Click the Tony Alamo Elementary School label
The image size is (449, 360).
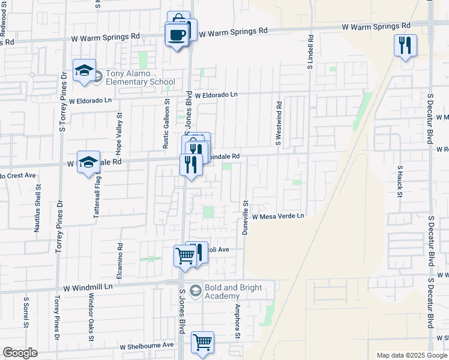pos(140,78)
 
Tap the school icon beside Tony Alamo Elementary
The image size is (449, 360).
pos(85,71)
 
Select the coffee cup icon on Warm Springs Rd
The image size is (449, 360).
pos(176,35)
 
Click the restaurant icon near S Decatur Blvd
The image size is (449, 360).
pos(405,45)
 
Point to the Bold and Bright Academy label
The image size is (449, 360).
pos(234,292)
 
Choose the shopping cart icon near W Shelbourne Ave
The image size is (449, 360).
pos(203,343)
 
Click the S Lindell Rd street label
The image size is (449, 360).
pos(311,52)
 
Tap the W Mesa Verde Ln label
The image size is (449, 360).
pos(279,216)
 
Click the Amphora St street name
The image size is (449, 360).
pos(238,321)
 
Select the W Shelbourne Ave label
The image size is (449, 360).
pos(146,346)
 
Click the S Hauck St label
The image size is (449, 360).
pos(399,181)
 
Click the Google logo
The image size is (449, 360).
pos(20,353)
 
